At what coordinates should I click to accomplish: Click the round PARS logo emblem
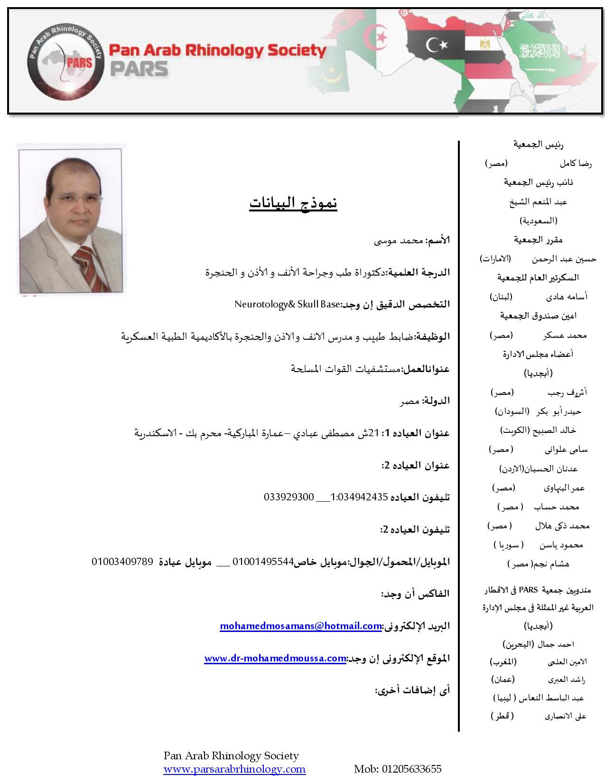tap(64, 61)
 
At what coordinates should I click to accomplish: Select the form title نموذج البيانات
tap(293, 203)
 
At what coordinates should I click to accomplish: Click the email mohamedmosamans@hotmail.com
tap(301, 626)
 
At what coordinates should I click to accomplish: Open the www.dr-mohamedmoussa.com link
tap(275, 658)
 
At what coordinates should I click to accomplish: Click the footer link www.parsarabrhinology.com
tap(234, 769)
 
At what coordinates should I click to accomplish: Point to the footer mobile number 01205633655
tap(398, 769)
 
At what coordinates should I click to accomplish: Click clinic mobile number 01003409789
tap(122, 562)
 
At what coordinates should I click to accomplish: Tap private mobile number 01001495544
tap(263, 562)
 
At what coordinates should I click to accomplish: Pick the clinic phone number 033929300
tap(289, 497)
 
